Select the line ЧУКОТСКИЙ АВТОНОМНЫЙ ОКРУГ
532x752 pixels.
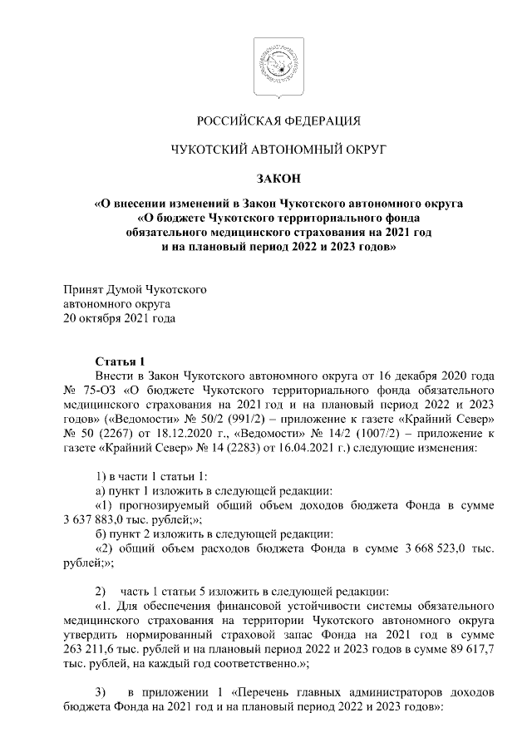coord(266,150)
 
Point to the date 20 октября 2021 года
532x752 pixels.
coord(114,317)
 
